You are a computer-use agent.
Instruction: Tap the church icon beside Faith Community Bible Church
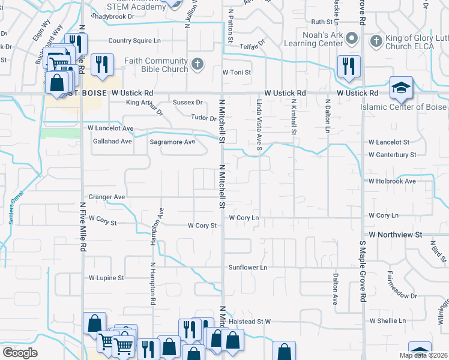(x=197, y=64)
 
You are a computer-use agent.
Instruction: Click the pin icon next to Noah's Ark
(x=353, y=40)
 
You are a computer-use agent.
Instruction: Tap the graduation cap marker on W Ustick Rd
(x=400, y=88)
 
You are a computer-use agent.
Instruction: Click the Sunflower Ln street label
(x=247, y=266)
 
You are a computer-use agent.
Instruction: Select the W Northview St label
(x=396, y=234)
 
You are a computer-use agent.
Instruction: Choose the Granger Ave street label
(x=106, y=197)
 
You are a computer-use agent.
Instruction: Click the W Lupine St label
(x=106, y=278)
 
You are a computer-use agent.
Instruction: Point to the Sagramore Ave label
(x=172, y=142)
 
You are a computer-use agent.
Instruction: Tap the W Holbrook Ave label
(x=392, y=181)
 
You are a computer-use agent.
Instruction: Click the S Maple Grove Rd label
(x=363, y=271)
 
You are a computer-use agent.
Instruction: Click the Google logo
(x=20, y=353)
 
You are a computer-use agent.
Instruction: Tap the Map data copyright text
(x=423, y=355)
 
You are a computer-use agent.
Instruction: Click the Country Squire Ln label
(x=134, y=41)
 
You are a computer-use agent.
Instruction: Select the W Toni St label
(x=236, y=72)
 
